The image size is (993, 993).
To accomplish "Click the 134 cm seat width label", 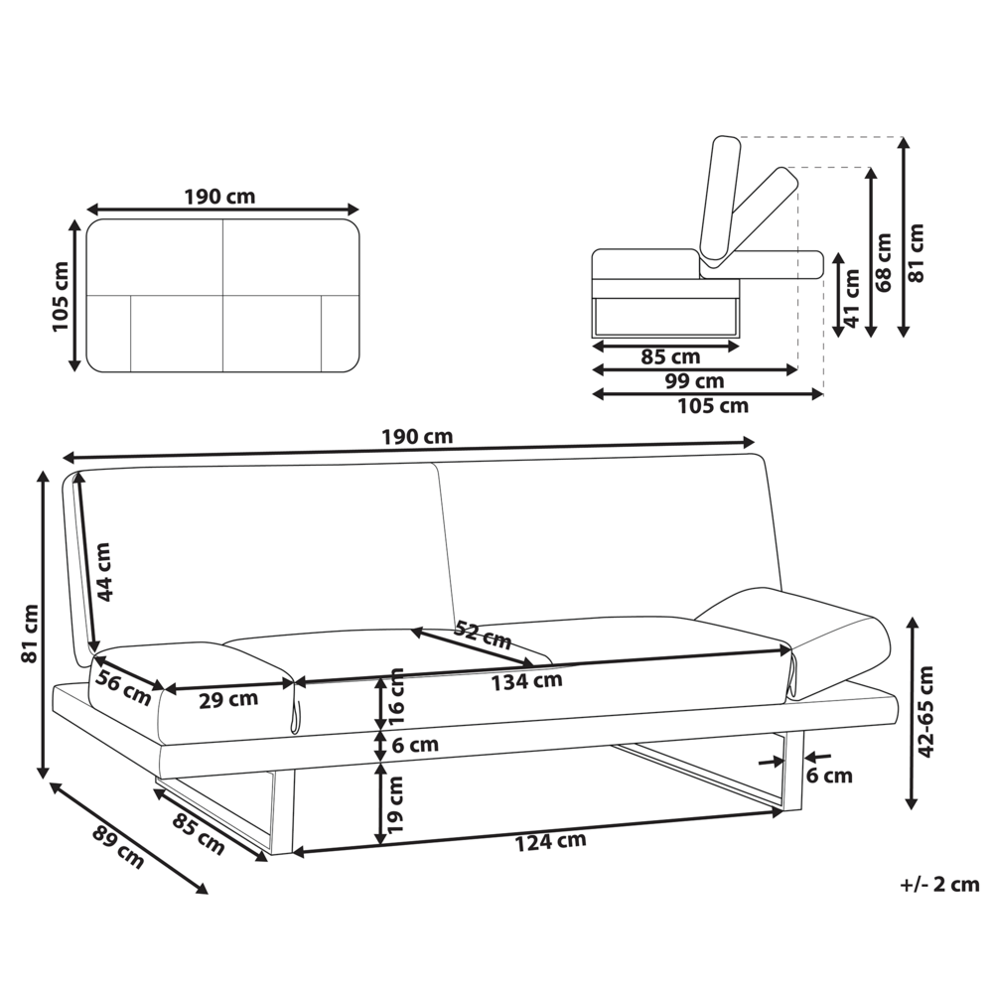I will click(526, 680).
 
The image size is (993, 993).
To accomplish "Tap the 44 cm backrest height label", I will click(105, 572).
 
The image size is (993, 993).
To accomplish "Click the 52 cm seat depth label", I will click(482, 635).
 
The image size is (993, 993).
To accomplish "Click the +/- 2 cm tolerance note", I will click(938, 884).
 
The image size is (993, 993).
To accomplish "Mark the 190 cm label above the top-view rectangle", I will click(219, 196).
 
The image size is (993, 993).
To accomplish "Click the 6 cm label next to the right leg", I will click(829, 776).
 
